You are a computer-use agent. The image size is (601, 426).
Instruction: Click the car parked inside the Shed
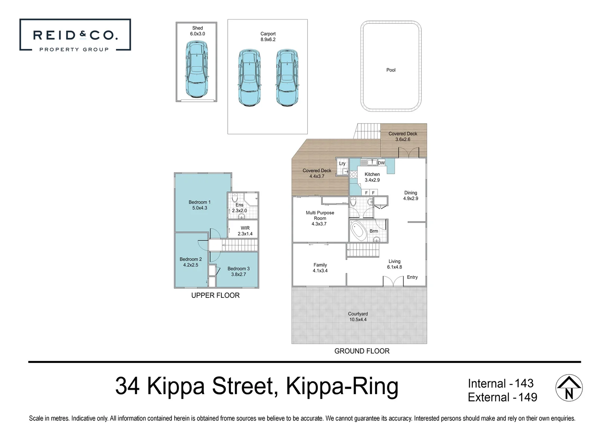196,70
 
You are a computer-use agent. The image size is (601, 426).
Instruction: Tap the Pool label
391,70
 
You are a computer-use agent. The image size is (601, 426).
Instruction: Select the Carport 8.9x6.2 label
268,37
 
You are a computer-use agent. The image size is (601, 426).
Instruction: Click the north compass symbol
569,388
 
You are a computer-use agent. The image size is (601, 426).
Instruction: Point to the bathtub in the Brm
358,231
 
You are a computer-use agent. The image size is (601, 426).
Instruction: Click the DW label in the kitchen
381,163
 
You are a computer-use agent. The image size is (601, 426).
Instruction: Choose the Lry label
342,164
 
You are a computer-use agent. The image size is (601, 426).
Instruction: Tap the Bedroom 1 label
199,205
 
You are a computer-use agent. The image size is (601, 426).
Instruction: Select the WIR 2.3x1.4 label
245,231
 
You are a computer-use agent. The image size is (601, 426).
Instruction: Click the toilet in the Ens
235,197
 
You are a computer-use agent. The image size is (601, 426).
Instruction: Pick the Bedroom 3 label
238,271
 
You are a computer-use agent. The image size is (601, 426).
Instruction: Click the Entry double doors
393,281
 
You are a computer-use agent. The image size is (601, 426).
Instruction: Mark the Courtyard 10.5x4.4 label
358,317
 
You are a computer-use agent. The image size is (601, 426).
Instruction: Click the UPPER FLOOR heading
215,295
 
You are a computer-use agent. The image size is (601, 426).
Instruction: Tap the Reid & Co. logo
75,35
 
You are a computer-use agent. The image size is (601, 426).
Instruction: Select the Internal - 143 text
500,383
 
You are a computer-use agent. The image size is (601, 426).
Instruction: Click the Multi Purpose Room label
320,218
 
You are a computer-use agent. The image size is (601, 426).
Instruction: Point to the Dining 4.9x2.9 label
410,196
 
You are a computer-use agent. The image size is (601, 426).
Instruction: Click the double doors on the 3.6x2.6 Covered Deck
408,153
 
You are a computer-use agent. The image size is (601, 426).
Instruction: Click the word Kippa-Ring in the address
342,386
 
